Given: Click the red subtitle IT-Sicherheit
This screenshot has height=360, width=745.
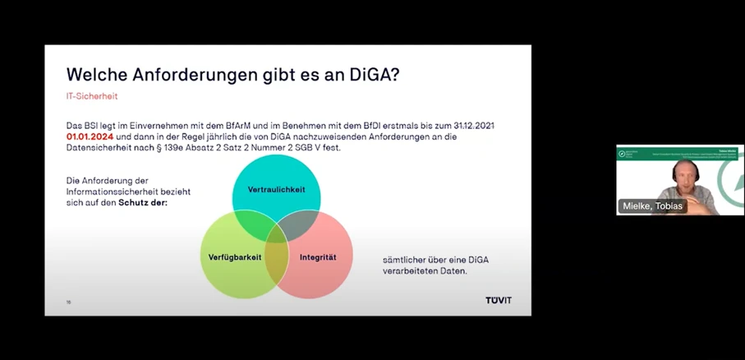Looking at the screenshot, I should click(x=92, y=96).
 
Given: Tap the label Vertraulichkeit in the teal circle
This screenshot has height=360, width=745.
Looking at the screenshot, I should click(x=276, y=189).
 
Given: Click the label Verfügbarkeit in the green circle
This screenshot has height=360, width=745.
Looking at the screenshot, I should click(x=235, y=257).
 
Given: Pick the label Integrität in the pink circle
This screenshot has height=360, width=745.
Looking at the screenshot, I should click(x=317, y=257).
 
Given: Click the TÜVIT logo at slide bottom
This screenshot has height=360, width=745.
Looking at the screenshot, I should click(x=498, y=300).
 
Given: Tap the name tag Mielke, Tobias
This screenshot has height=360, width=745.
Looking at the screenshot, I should click(x=651, y=205).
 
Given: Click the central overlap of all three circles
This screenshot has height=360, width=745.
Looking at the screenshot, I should click(x=277, y=234).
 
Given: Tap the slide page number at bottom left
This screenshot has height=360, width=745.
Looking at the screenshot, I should click(x=68, y=302).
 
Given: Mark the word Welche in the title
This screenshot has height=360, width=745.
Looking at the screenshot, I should click(x=94, y=74).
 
